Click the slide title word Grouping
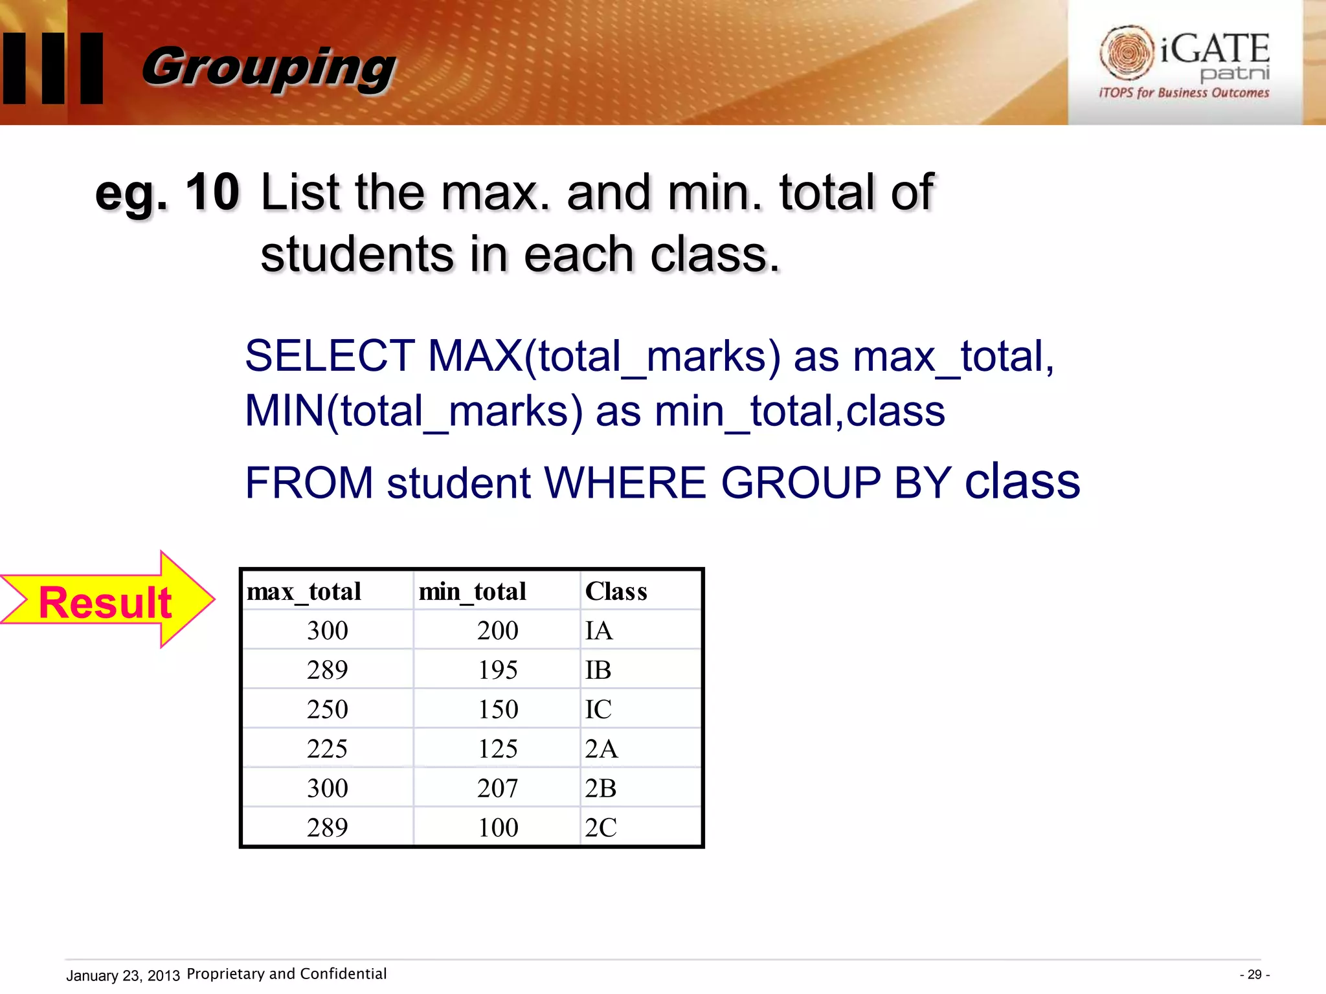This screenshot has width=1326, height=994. tap(268, 68)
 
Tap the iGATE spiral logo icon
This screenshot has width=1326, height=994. tap(1127, 52)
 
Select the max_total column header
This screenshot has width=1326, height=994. tap(304, 591)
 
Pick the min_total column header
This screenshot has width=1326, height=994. tap(472, 591)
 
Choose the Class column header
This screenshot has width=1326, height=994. tap(616, 591)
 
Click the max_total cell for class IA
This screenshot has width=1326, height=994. tap(328, 630)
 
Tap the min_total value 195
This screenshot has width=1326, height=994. tap(498, 670)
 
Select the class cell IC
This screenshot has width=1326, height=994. tap(598, 709)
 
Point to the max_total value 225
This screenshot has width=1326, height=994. tap(328, 749)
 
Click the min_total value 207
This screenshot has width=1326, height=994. tap(498, 788)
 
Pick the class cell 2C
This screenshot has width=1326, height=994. tap(601, 828)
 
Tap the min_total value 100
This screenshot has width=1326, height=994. tap(498, 828)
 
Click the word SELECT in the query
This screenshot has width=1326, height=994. tap(330, 356)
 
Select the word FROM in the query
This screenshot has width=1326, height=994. tap(309, 483)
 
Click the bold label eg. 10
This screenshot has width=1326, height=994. tap(167, 193)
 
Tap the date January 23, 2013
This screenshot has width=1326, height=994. tap(123, 975)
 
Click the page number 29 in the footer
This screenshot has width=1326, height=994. tap(1254, 975)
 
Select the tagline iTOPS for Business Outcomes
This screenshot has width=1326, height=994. tap(1184, 93)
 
